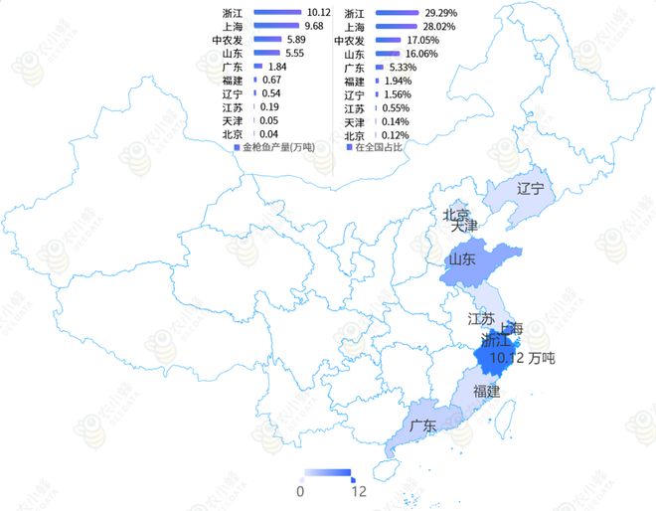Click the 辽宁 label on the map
(x=532, y=188)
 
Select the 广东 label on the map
(x=423, y=426)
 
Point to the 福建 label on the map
(x=487, y=392)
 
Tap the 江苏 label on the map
(x=481, y=320)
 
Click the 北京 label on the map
(x=456, y=215)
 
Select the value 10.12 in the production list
(x=318, y=12)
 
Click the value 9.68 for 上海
(x=315, y=25)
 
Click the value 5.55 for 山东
(x=293, y=53)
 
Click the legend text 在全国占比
(x=379, y=147)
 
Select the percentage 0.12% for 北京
(x=396, y=135)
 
